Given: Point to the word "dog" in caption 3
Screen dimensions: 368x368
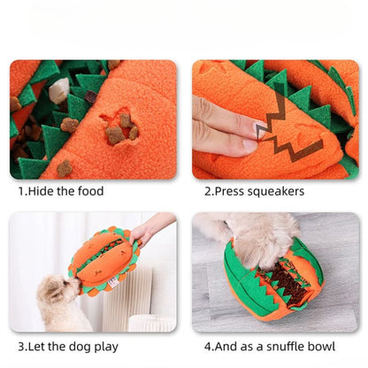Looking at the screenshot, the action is tap(80, 347).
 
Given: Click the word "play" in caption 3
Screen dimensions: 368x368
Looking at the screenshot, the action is tap(106, 347).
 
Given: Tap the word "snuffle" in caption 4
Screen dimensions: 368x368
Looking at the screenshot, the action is tap(285, 346).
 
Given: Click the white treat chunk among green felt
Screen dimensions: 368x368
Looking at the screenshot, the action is tap(58, 90).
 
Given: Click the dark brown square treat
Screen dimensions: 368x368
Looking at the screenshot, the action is tap(91, 96).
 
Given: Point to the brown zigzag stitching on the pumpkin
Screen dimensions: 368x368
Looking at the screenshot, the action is tap(283, 130).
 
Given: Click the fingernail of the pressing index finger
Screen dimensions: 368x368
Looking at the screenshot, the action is tap(262, 130).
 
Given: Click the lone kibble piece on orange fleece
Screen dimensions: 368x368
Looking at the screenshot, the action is tap(65, 168).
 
